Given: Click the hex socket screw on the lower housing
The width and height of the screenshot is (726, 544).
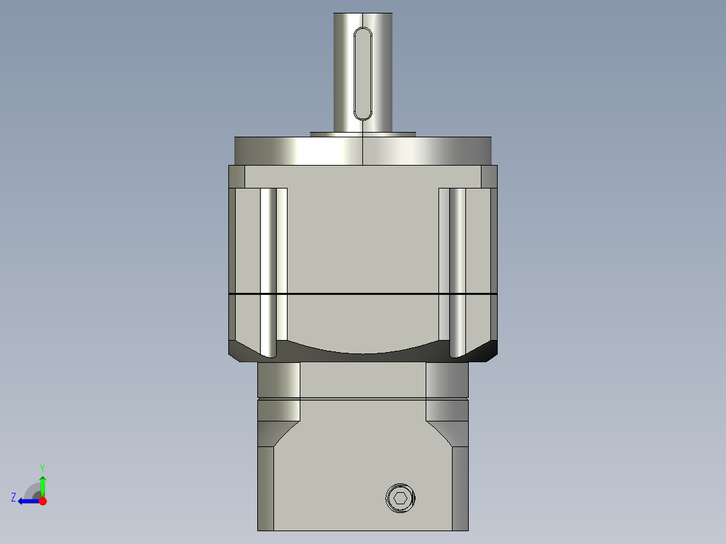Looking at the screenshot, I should point(400,498).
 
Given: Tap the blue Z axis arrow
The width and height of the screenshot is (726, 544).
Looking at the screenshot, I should point(27,500).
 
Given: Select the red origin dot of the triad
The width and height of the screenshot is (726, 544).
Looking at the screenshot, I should point(42,500).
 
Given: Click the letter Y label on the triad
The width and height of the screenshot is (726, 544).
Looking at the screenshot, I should point(42,467).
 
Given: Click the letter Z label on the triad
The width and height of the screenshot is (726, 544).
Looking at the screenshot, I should point(13,498).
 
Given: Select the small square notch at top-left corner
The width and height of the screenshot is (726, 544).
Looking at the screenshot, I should point(236,176).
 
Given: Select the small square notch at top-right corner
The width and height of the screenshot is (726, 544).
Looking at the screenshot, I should point(489,176).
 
